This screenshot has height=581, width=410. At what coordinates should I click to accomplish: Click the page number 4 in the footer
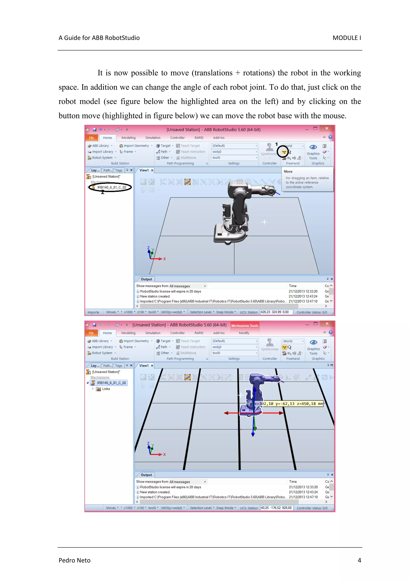point(359,560)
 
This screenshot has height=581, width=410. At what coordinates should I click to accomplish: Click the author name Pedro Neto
point(74,560)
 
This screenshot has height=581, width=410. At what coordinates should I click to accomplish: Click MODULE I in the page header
point(346,38)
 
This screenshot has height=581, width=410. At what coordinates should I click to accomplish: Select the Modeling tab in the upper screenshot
point(128,138)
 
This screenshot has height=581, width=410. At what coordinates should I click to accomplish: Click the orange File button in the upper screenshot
point(91,138)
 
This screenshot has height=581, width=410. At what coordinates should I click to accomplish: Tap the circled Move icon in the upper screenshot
point(284,152)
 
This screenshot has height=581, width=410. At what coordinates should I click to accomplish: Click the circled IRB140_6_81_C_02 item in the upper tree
point(111,187)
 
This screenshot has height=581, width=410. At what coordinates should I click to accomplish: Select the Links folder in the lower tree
point(106,389)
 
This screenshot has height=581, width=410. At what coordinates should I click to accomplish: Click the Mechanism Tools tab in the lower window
point(244,326)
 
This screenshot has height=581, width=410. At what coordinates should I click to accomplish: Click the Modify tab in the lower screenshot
point(244,333)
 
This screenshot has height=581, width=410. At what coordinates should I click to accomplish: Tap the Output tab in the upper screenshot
point(146,279)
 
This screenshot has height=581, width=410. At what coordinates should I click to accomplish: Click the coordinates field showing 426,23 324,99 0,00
point(276,312)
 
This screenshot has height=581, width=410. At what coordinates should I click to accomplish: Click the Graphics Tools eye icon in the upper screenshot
point(313,147)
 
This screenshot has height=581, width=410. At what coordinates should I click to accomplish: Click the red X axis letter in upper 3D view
point(164,259)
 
